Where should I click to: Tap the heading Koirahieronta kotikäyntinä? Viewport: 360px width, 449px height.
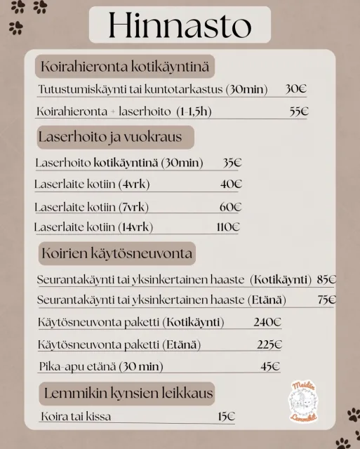(126, 67)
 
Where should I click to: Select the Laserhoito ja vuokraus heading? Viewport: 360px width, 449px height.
(111, 137)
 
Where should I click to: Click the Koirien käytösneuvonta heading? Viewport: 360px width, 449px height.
(117, 253)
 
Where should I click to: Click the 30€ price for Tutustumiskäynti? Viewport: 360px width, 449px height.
(296, 90)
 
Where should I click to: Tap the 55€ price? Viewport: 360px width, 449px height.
(299, 112)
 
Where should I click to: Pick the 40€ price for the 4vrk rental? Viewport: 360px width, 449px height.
(231, 185)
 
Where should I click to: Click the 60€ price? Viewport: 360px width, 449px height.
(230, 207)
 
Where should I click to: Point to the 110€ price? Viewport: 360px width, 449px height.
(228, 227)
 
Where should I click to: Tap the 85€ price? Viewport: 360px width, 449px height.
(326, 279)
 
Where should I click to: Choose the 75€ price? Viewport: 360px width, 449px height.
(326, 300)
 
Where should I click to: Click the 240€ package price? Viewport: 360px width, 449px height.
(267, 323)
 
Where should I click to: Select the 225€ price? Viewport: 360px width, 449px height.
(269, 344)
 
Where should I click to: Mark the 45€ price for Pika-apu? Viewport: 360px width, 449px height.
(270, 366)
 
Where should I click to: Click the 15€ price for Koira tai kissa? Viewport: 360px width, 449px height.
(226, 417)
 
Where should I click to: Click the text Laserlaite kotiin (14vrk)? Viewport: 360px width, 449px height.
(93, 227)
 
